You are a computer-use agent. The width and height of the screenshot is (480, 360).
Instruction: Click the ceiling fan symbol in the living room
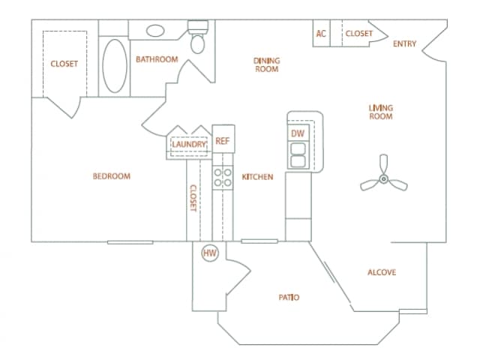(x=383, y=178)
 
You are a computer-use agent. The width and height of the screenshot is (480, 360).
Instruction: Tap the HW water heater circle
(x=210, y=253)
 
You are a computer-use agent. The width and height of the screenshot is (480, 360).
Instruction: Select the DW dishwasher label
(x=297, y=133)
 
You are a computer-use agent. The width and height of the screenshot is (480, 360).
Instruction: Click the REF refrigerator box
(x=223, y=140)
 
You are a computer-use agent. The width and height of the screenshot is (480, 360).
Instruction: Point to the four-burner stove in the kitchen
(x=223, y=177)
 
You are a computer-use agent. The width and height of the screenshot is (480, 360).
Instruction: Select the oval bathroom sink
(x=156, y=31)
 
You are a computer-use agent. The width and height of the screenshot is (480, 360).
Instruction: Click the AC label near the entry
(x=321, y=34)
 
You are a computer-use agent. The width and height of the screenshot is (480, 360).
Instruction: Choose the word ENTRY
(x=404, y=44)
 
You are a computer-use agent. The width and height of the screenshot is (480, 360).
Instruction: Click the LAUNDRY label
(x=188, y=144)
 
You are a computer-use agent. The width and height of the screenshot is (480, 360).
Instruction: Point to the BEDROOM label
(x=111, y=177)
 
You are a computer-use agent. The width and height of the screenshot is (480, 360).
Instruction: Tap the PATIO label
(x=289, y=298)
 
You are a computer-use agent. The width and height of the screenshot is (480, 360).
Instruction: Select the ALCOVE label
(x=382, y=272)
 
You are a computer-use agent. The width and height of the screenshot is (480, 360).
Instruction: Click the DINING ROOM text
(x=265, y=64)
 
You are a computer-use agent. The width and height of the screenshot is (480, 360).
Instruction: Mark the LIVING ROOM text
(x=381, y=112)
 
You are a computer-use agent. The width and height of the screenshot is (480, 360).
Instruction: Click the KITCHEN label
(x=257, y=177)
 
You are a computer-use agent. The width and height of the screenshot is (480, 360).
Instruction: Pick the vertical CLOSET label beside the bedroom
(x=193, y=199)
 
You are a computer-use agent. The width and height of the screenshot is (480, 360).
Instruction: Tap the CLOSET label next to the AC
(x=358, y=34)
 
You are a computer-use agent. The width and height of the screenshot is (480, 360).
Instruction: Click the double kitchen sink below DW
(x=297, y=153)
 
